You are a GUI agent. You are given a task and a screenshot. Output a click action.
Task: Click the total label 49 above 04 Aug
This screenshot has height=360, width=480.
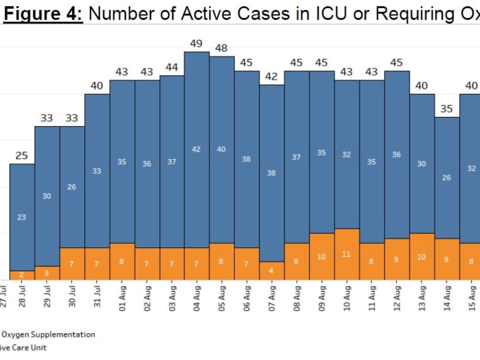tap(197, 44)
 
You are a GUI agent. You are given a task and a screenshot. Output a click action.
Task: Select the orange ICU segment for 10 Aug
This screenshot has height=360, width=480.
tap(346, 255)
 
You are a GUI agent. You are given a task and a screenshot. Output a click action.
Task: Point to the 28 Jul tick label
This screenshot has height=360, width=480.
tap(22, 296)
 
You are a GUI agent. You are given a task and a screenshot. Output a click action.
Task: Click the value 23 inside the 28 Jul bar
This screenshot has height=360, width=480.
tap(22, 217)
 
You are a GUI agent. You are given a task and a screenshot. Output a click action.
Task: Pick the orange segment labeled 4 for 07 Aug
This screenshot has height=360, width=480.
tap(272, 270)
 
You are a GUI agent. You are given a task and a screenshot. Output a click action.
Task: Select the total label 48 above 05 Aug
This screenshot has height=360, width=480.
tap(221, 49)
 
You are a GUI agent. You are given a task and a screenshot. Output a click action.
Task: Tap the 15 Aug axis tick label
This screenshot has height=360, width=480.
tap(471, 296)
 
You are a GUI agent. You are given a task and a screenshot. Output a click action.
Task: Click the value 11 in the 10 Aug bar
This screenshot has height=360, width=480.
tap(346, 254)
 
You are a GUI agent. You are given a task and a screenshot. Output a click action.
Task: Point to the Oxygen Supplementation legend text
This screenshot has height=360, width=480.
tap(49, 334)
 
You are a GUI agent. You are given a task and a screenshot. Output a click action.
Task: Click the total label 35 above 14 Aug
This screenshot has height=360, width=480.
tap(446, 109)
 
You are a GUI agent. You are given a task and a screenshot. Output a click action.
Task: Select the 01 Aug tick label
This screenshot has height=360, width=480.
tap(122, 296)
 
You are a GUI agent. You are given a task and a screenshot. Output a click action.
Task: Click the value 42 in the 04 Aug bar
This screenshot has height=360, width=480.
tap(197, 149)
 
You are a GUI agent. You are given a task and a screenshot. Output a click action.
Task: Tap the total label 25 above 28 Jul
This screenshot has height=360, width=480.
tap(22, 156)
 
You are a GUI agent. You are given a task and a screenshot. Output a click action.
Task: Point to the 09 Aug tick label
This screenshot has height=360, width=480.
tap(322, 296)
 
